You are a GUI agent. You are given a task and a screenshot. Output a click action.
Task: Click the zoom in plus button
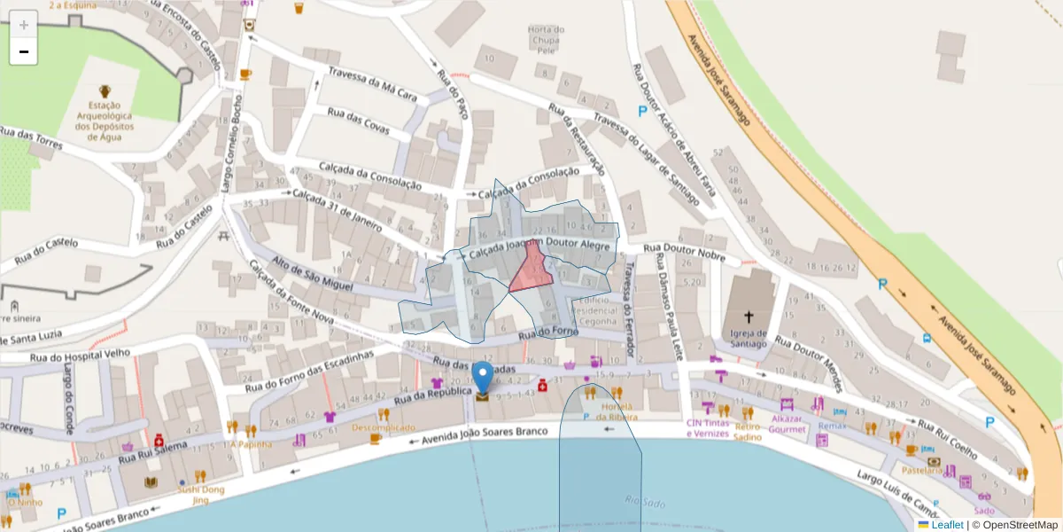(23, 24)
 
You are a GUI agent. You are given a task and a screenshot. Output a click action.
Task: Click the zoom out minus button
(23, 51)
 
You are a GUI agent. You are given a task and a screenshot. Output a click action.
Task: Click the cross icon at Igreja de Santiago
(749, 317)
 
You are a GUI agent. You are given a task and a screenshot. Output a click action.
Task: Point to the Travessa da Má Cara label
(372, 83)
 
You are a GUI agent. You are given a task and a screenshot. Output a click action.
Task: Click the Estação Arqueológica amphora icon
(105, 91)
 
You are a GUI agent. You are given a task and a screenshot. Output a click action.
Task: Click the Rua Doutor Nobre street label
(684, 253)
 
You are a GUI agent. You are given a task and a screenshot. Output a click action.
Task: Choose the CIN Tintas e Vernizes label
(710, 427)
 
